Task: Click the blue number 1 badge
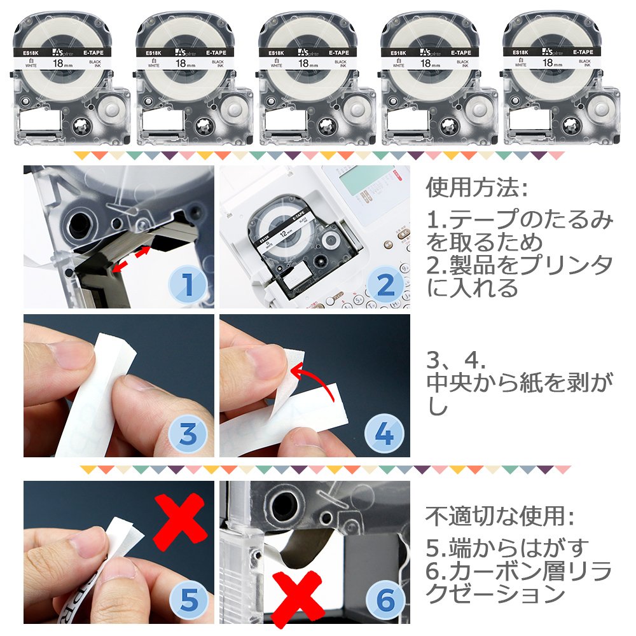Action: coord(188,284)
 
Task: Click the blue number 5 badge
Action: coord(188,600)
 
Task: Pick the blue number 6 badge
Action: coord(385,600)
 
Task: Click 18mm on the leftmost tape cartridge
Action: coord(62,64)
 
